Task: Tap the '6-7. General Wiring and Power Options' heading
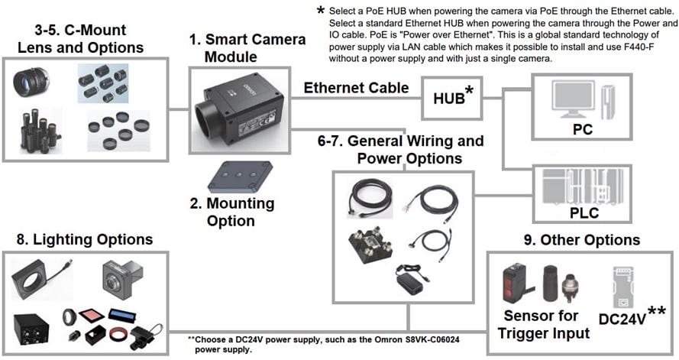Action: (x=400, y=150)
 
